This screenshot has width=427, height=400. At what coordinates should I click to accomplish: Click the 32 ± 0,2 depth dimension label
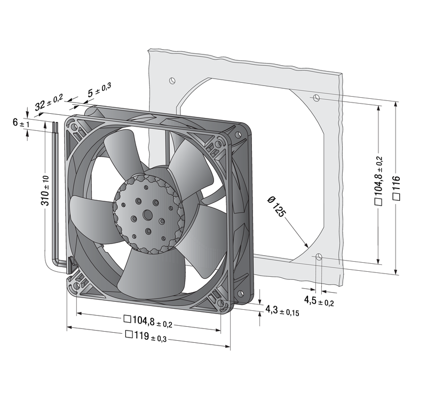point(49,102)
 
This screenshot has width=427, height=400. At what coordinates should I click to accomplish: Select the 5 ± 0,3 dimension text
point(99,90)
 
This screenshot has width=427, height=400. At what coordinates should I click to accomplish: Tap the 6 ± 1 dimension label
point(21,123)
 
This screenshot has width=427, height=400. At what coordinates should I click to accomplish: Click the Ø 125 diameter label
point(276,207)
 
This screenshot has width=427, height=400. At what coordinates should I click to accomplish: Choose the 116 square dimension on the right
point(397,188)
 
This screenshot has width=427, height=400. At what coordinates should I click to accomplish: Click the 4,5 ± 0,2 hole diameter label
point(319,301)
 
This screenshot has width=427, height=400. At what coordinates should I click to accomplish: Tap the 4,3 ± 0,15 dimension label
point(282,311)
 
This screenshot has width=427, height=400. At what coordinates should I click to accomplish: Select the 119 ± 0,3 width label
point(146,336)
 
